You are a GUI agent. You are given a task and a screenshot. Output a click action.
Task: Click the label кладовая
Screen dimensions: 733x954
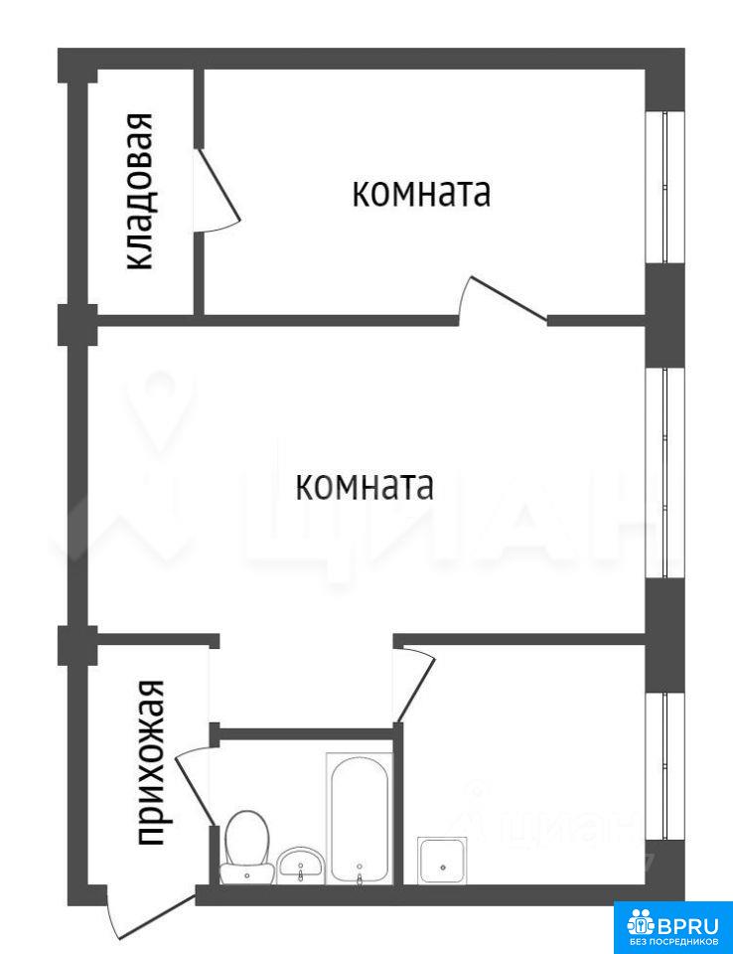click(x=139, y=191)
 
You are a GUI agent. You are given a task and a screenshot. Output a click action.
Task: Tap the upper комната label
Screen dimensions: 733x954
click(x=421, y=194)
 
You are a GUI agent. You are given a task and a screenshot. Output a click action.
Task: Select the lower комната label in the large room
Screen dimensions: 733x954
click(x=365, y=487)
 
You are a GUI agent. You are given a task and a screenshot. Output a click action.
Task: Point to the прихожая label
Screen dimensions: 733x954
click(x=150, y=762)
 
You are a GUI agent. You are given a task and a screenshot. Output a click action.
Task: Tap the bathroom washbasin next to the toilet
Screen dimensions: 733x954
click(x=301, y=865)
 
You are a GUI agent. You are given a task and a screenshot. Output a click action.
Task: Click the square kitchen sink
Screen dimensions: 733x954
click(x=443, y=861)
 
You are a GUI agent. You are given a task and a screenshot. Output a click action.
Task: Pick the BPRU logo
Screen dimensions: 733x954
click(x=672, y=926)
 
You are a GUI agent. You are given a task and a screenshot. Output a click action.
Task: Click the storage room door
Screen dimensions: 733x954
click(x=218, y=190)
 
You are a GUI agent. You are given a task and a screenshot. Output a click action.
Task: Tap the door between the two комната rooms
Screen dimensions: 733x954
click(x=503, y=299)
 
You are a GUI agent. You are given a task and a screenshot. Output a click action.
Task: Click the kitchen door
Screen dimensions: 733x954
click(x=414, y=685)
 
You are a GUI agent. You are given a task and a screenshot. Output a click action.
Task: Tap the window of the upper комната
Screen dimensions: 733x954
click(x=664, y=188)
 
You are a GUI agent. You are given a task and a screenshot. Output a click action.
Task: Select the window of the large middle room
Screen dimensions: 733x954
click(x=664, y=473)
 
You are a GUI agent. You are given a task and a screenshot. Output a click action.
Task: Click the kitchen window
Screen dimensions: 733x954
click(x=664, y=766)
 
